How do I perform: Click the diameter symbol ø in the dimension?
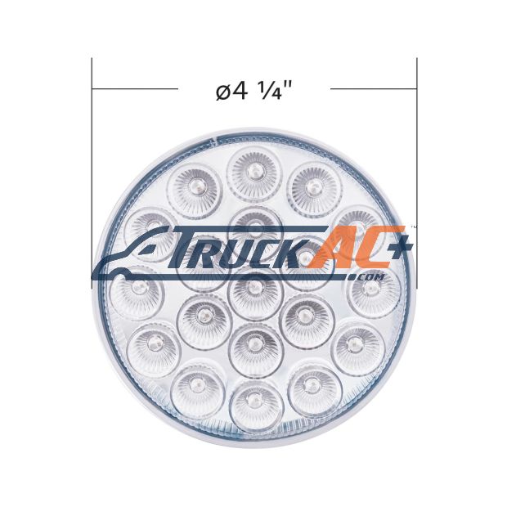tap(223, 93)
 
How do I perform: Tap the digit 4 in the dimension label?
tap(240, 90)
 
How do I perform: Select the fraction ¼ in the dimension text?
tap(267, 90)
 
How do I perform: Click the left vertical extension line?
tap(92, 173)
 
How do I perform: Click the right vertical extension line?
tap(417, 173)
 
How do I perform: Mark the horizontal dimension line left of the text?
tap(135, 88)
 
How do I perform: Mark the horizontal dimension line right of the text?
tap(374, 88)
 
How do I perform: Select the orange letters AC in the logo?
tap(349, 247)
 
